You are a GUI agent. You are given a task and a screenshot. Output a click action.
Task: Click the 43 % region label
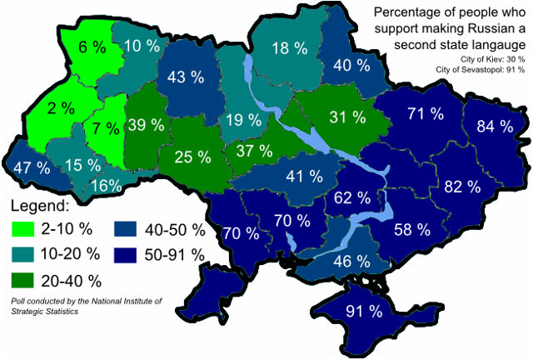coord(186,77)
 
